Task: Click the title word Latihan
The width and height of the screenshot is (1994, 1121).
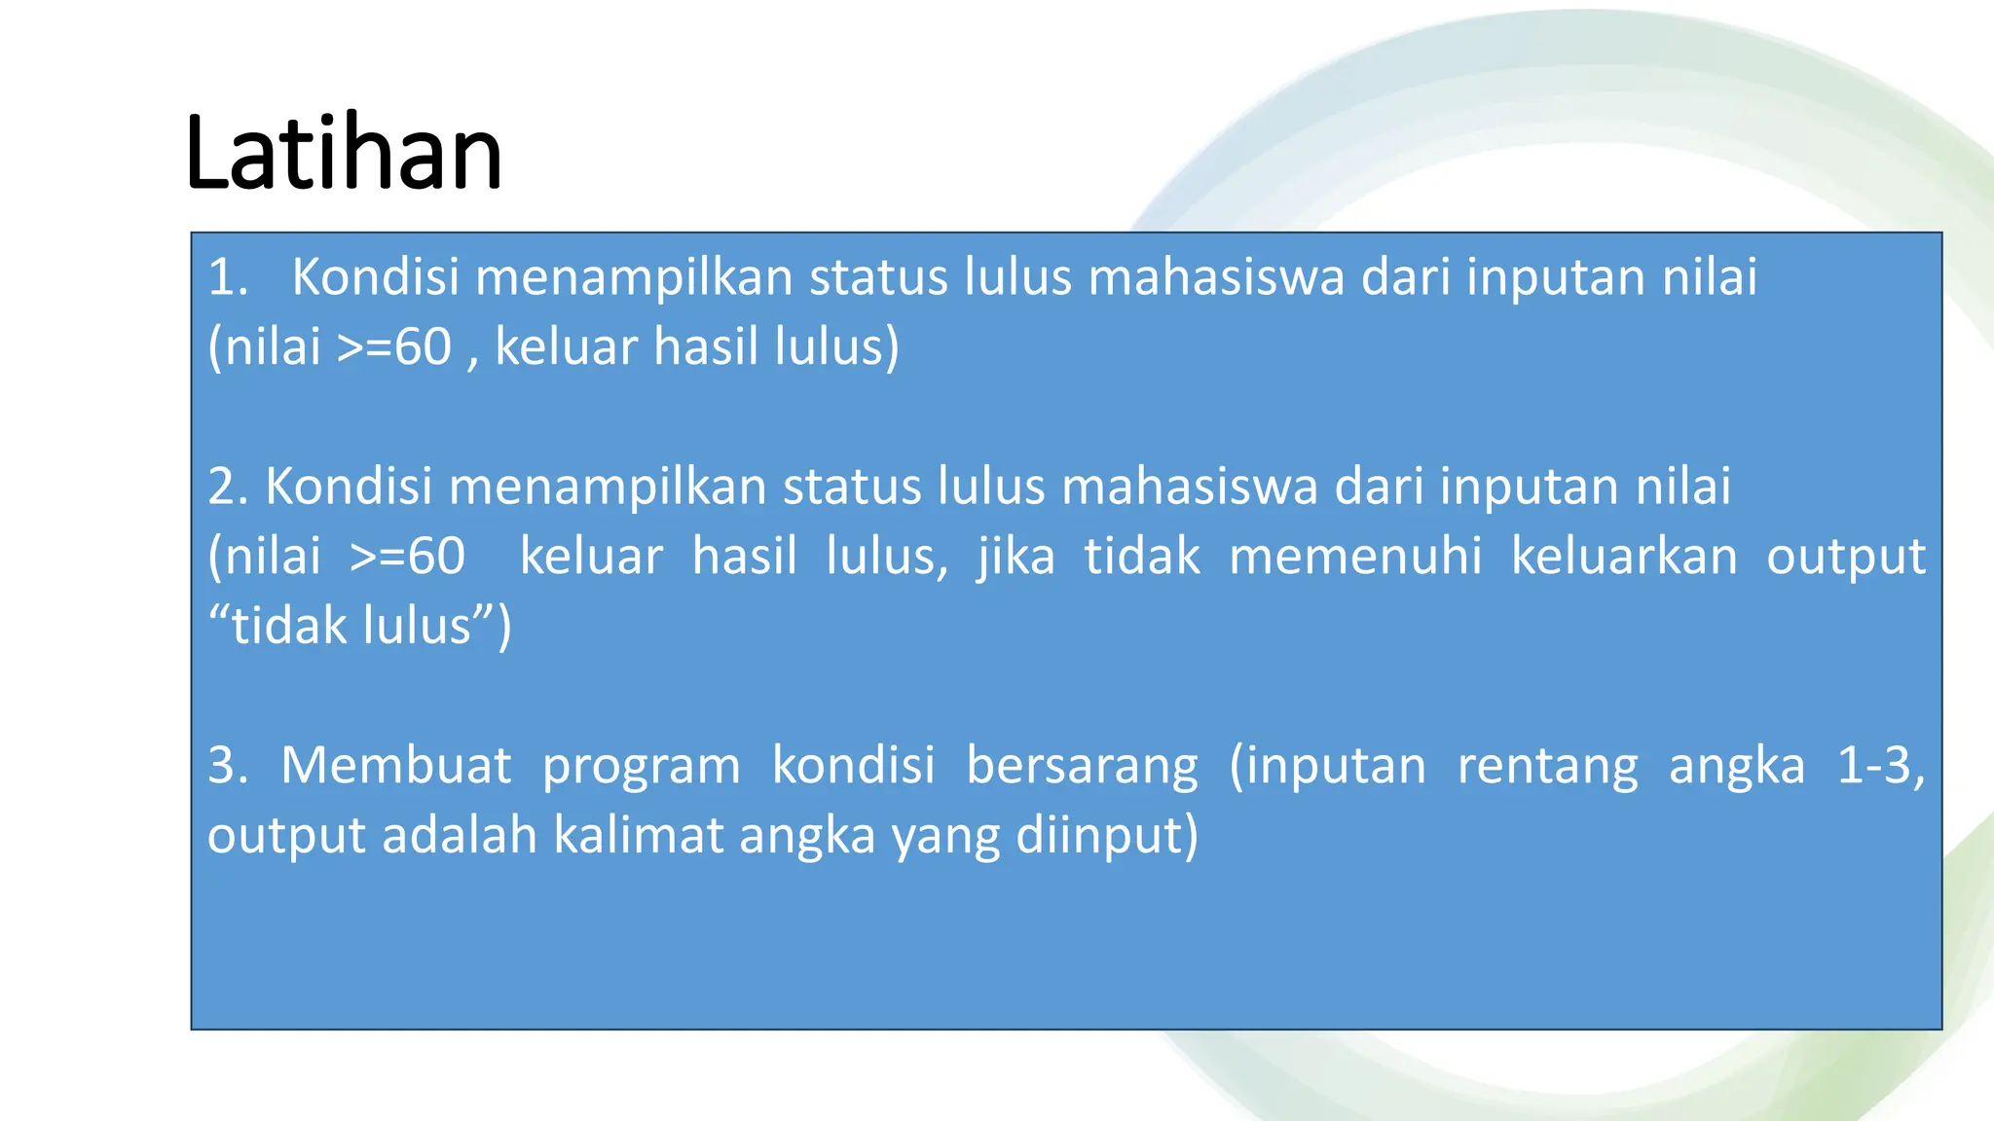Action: tap(343, 153)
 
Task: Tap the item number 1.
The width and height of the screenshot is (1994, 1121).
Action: tap(227, 277)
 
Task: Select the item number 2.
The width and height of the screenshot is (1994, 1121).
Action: tap(227, 487)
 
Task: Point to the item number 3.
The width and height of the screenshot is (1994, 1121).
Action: tap(227, 765)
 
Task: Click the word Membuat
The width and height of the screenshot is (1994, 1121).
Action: tap(395, 765)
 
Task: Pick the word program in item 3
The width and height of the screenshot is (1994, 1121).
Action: tap(641, 767)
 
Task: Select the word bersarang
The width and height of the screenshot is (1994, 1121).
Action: tap(1082, 767)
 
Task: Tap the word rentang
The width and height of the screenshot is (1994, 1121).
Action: tap(1547, 767)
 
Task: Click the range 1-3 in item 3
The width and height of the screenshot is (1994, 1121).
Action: tap(1879, 765)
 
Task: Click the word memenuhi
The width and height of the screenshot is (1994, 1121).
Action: tap(1355, 557)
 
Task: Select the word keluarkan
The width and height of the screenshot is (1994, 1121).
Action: tap(1624, 557)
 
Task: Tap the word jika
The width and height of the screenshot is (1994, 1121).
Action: tap(1016, 557)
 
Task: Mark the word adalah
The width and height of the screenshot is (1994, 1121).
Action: tap(460, 835)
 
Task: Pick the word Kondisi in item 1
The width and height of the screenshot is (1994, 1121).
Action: tap(375, 277)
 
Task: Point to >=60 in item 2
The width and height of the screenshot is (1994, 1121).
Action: tap(407, 557)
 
